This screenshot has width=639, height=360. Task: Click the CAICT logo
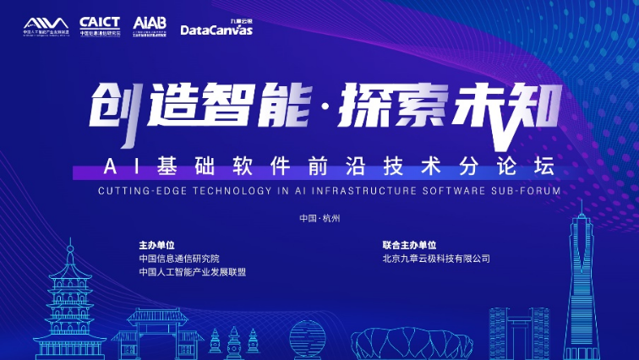[x=99, y=26]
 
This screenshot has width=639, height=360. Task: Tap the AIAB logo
[x=150, y=26]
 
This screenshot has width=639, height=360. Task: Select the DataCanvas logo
[x=216, y=28]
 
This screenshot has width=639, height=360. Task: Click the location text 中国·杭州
[x=319, y=218]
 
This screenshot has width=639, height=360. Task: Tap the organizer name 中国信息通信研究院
[x=179, y=259]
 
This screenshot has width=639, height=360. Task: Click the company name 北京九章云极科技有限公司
[x=436, y=259]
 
